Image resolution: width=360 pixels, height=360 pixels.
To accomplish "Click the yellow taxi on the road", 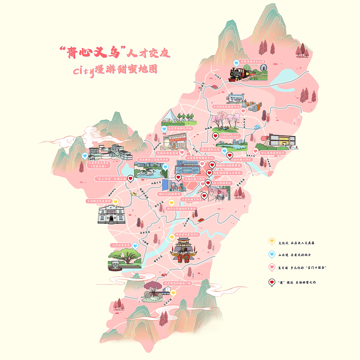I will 133,194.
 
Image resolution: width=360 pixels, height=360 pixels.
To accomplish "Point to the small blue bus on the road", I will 257,127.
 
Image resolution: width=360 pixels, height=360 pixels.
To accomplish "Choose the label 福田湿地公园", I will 210,149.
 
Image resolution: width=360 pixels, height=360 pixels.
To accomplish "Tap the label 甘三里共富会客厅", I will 272,153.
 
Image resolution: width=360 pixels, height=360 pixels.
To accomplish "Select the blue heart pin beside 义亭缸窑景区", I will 135,246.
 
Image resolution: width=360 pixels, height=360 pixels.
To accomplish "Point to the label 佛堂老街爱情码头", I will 187,234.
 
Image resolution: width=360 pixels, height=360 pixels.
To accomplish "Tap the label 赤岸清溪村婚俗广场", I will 177,283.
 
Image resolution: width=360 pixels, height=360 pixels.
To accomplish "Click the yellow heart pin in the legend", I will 272,241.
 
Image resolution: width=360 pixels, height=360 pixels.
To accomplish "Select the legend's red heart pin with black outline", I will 272,282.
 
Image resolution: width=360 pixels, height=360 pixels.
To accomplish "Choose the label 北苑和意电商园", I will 167,153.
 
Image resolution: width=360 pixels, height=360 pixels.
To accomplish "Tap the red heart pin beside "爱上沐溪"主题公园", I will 130,178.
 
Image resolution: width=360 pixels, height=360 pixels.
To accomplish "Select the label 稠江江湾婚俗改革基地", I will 181,208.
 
